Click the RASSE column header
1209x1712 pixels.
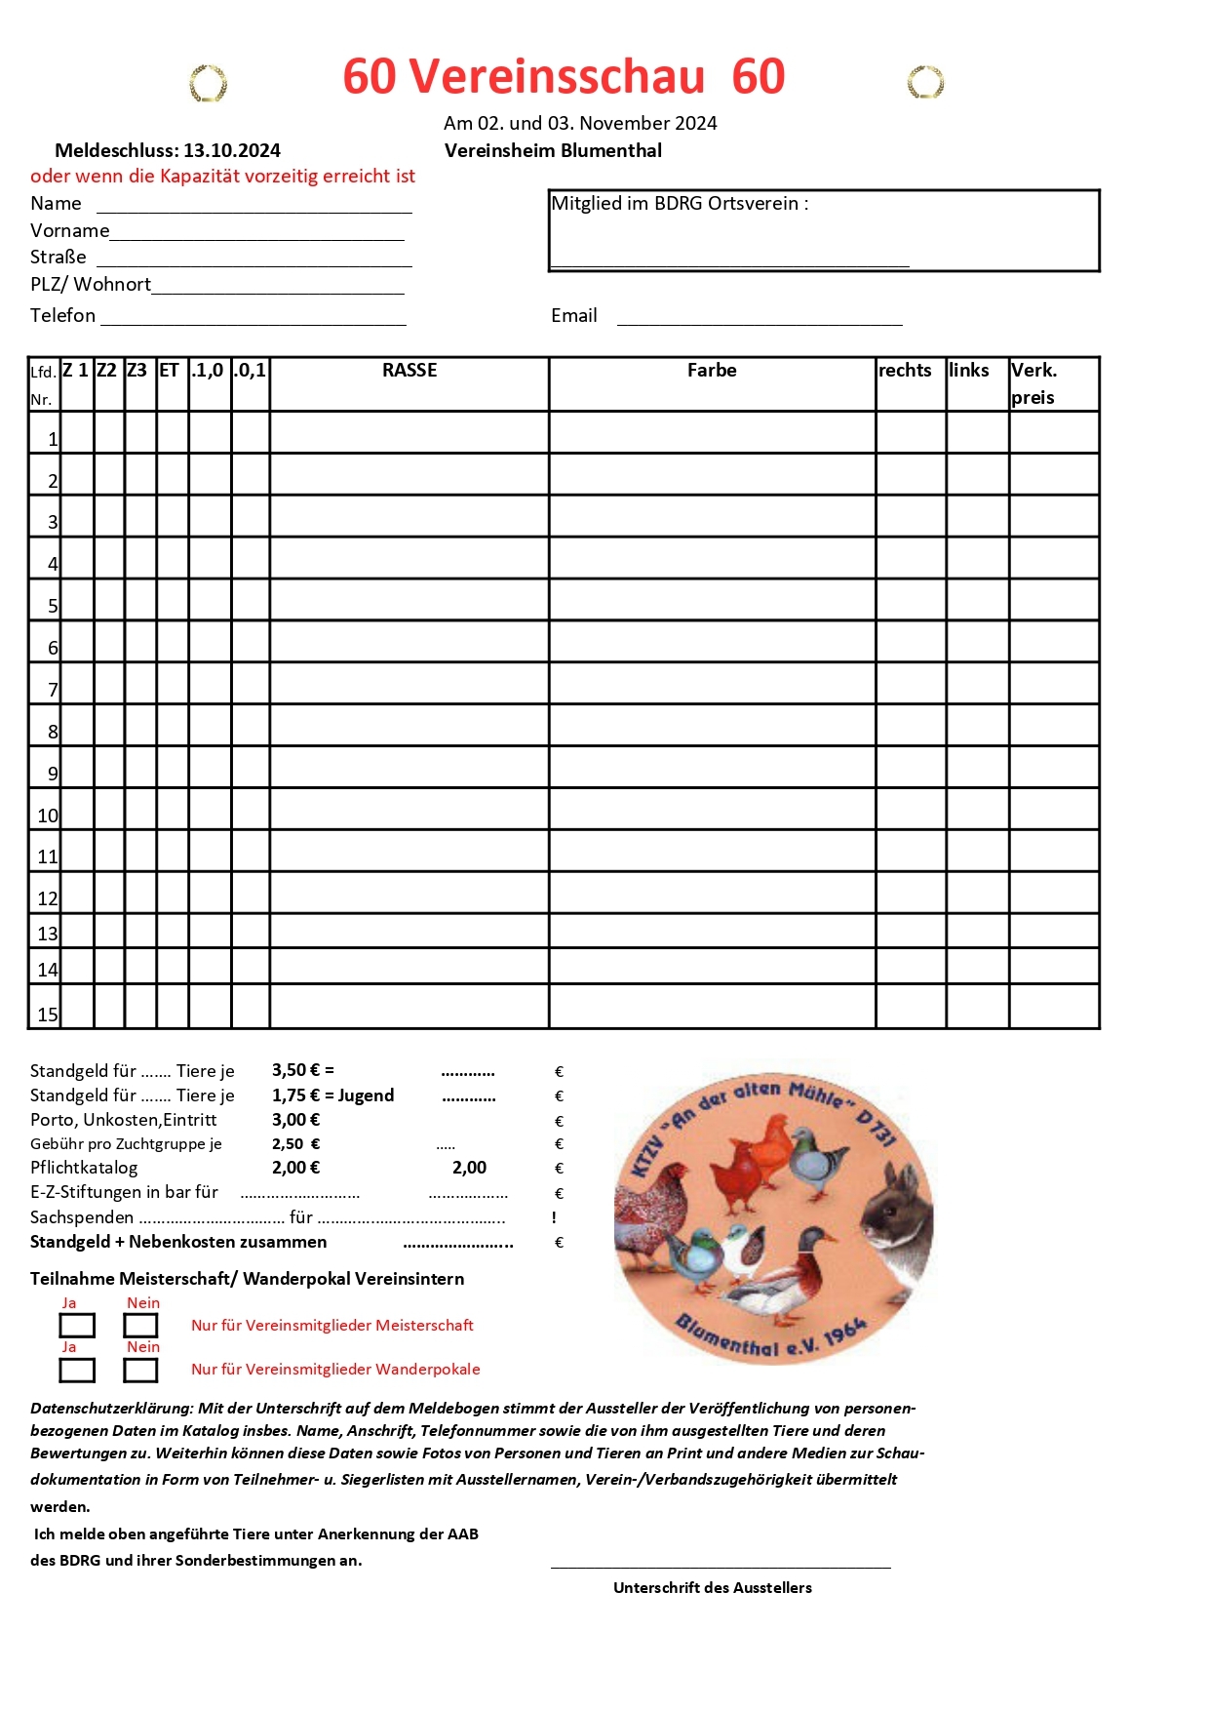tap(409, 371)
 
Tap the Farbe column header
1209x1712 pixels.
tap(712, 371)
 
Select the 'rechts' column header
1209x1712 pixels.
tap(905, 371)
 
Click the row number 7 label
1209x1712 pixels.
tap(53, 690)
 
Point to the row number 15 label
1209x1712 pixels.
tap(48, 1015)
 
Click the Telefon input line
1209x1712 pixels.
tap(253, 322)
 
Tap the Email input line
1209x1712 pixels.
tap(760, 322)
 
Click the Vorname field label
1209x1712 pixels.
tap(69, 231)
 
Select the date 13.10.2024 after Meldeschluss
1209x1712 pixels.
tap(232, 151)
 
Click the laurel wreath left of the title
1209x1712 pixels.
tap(208, 84)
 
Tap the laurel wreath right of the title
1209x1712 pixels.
tap(925, 83)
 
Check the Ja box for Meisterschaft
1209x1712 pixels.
tap(77, 1326)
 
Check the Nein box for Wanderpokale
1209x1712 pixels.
tap(140, 1371)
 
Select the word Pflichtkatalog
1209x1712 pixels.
tap(84, 1169)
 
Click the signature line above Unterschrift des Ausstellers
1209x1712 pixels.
tap(721, 1566)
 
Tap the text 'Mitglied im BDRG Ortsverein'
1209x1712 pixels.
tap(680, 204)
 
